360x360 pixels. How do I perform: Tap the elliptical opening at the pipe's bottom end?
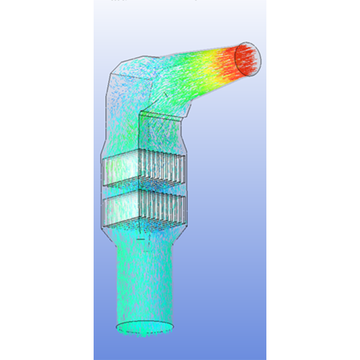(x=146, y=327)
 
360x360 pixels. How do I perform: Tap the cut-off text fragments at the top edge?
(x=144, y=2)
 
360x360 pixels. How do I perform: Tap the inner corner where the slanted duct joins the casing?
(x=141, y=112)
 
